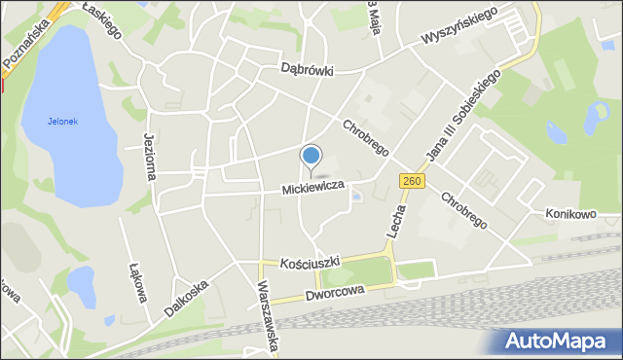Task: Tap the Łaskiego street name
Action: [102, 18]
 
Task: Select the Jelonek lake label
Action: [61, 122]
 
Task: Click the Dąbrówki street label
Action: [307, 70]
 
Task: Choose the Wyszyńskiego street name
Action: [459, 27]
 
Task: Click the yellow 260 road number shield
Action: [412, 182]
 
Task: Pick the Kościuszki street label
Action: [309, 264]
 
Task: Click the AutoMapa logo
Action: [559, 340]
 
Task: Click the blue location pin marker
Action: [311, 157]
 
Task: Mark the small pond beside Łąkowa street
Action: [81, 284]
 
